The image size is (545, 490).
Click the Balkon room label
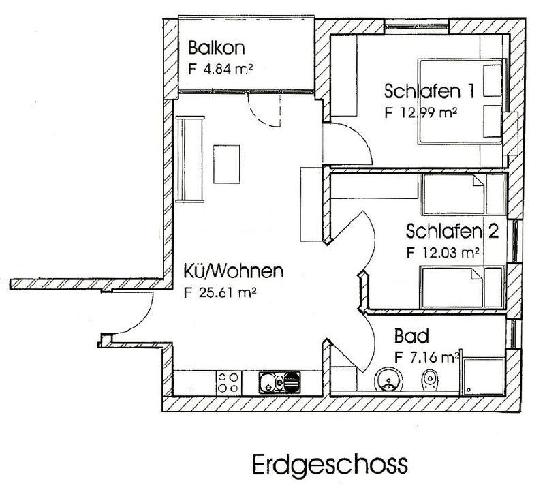click(217, 48)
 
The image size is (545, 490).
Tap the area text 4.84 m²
click(228, 69)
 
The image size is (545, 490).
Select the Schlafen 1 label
click(429, 91)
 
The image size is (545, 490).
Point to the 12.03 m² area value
click(451, 251)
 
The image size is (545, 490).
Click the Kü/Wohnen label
click(233, 271)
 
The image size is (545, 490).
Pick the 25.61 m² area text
click(228, 292)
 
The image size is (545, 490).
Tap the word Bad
click(411, 336)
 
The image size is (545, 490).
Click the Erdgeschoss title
click(330, 464)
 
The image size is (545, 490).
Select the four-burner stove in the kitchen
click(228, 382)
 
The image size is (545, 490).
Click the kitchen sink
click(279, 382)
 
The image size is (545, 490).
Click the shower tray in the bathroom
click(483, 377)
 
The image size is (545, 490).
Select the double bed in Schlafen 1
click(461, 101)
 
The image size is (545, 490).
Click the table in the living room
click(227, 164)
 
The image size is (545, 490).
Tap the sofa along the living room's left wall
click(190, 159)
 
